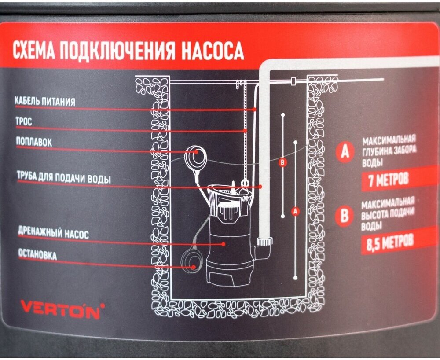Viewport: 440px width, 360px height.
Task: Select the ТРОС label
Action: pyautogui.click(x=24, y=122)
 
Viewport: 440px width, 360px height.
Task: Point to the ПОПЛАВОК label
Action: pyautogui.click(x=34, y=142)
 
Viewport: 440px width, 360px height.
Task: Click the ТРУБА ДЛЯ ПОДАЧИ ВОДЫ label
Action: pyautogui.click(x=63, y=178)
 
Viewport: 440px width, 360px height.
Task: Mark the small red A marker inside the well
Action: pyautogui.click(x=295, y=211)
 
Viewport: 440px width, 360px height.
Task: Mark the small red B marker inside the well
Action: pyautogui.click(x=283, y=163)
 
